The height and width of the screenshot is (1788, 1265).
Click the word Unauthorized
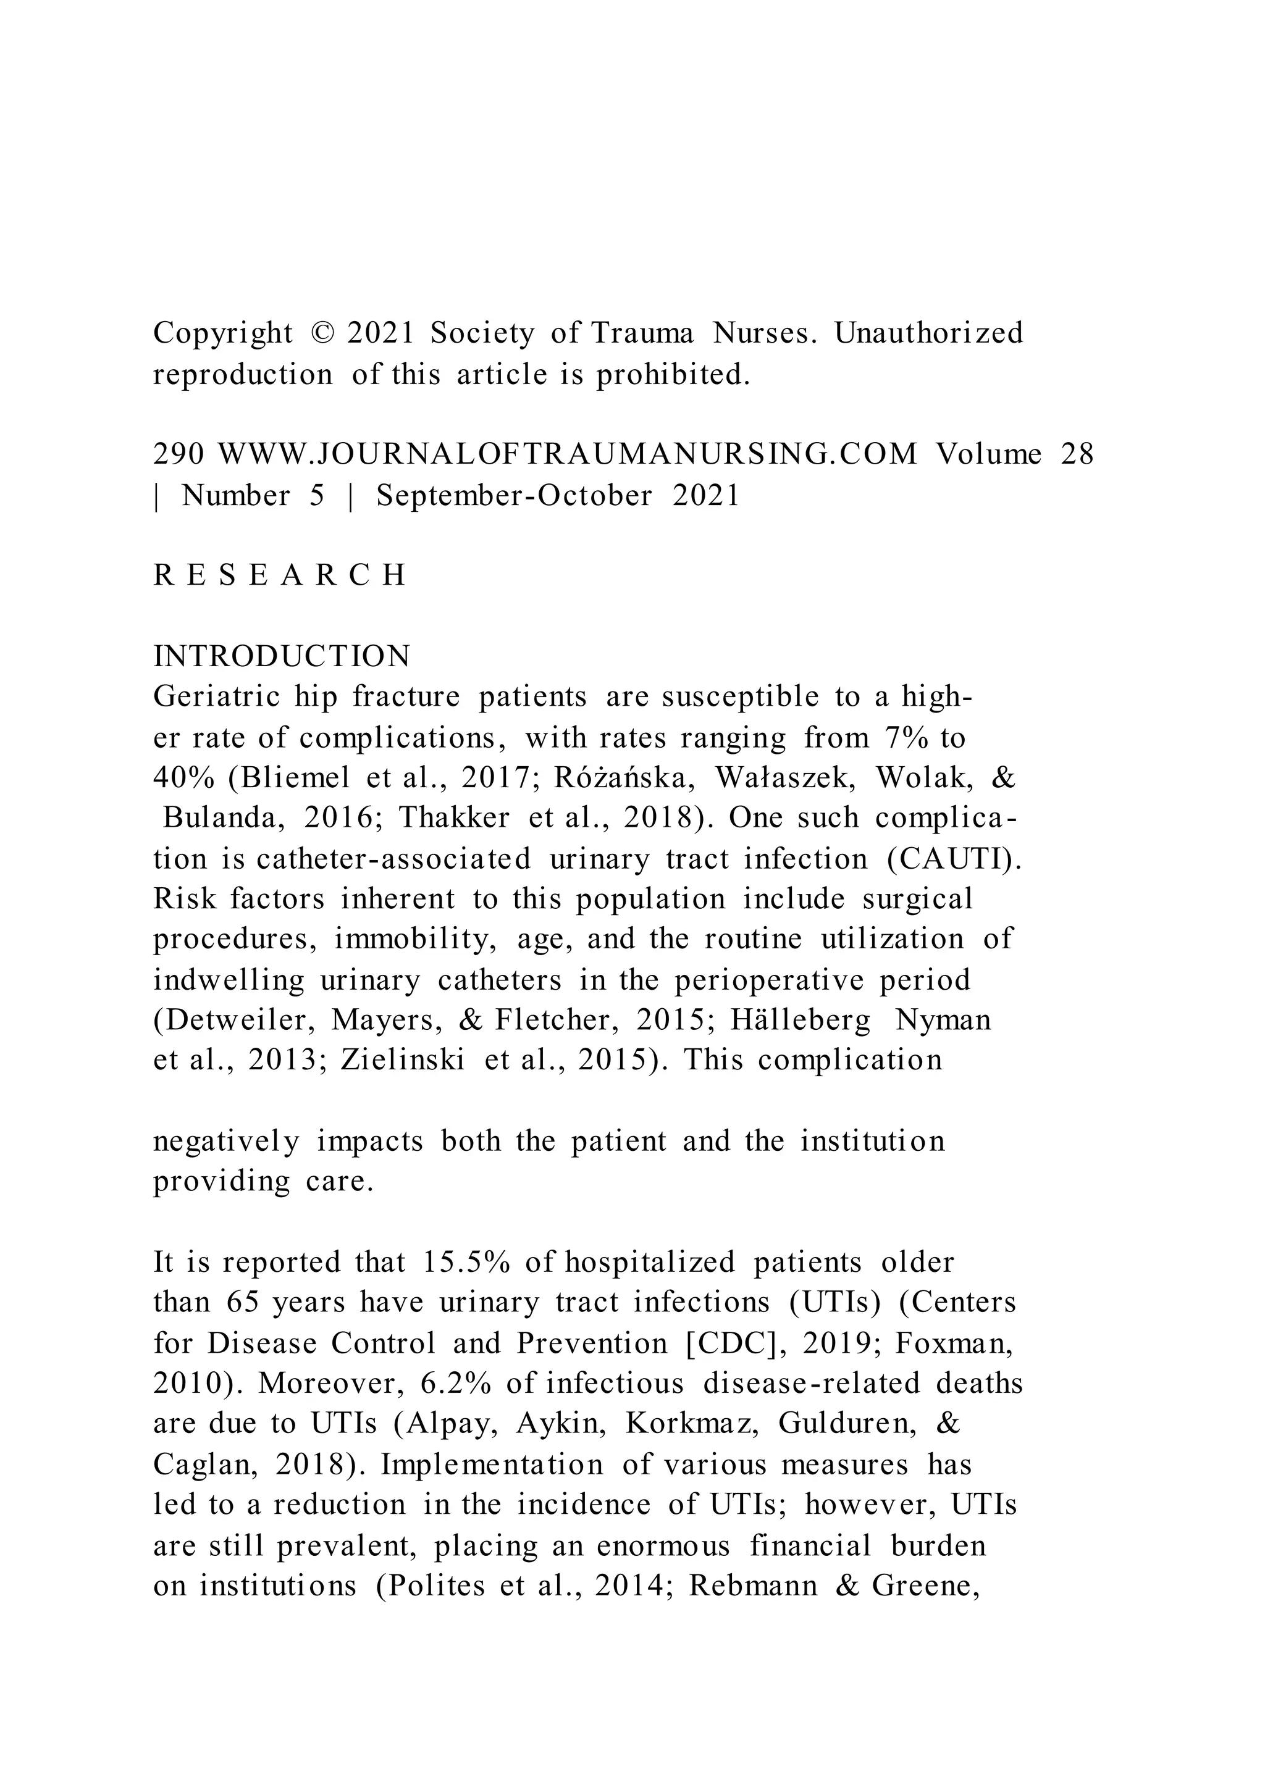pos(928,333)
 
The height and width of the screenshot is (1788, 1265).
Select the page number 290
pos(179,454)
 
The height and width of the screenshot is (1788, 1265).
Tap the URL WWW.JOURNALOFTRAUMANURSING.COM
pos(567,454)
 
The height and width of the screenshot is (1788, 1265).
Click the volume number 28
pos(1077,454)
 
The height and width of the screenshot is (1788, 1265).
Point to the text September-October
pos(514,496)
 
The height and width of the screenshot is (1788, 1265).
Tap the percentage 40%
pos(183,778)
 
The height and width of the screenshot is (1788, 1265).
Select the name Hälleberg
pos(800,1020)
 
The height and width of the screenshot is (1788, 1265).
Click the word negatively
pos(226,1142)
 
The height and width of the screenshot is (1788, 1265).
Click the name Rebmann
pos(752,1585)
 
